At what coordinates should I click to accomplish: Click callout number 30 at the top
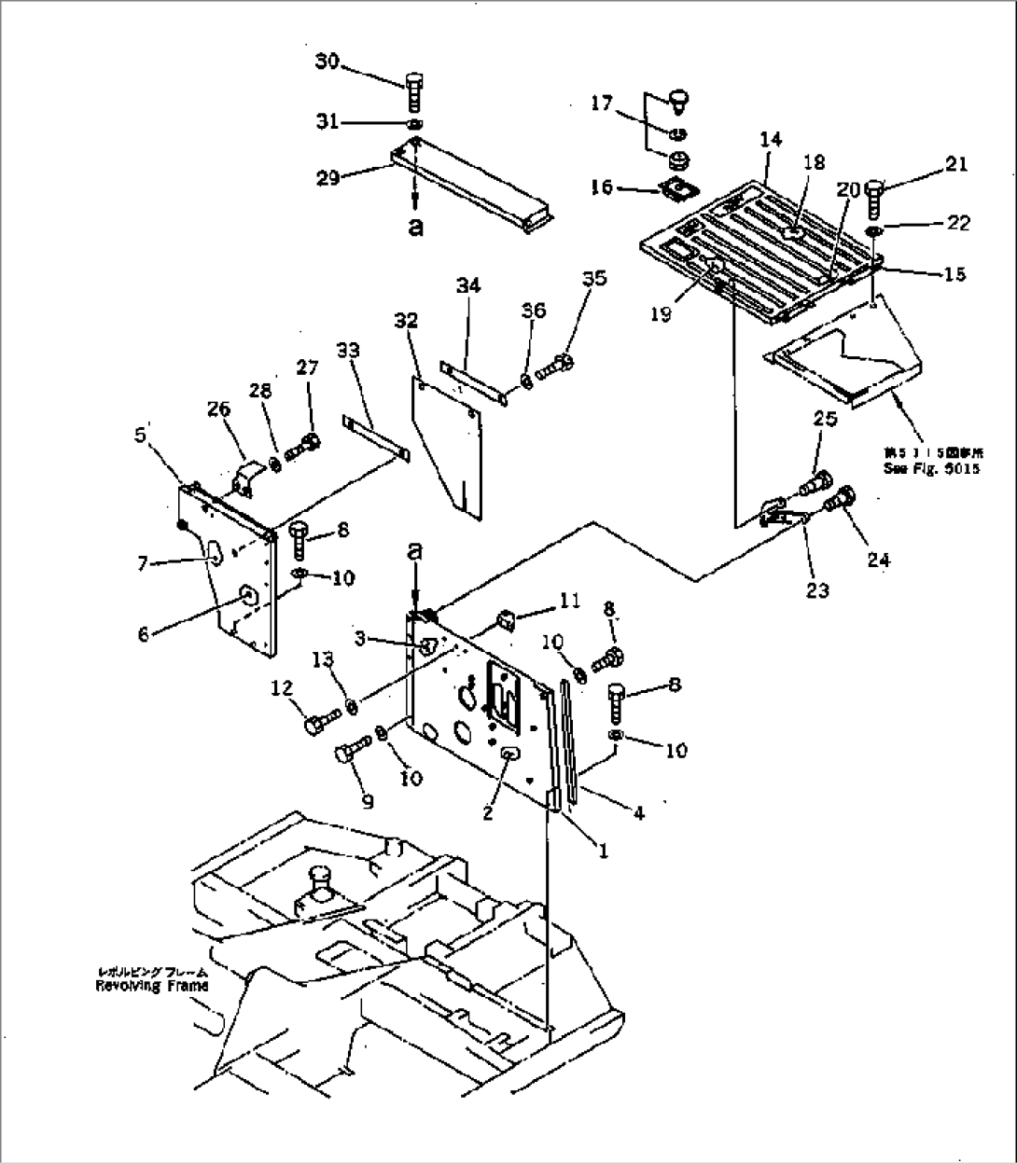(327, 62)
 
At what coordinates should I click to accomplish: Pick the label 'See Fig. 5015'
(931, 469)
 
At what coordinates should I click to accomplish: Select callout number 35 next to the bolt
(592, 278)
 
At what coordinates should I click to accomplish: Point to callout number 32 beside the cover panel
(407, 321)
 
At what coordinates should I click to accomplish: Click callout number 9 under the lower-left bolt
(368, 800)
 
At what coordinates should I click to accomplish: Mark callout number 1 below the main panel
(603, 851)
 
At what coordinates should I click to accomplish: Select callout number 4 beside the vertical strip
(637, 813)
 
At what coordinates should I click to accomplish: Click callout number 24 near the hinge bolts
(878, 560)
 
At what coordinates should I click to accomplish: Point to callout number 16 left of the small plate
(602, 187)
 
